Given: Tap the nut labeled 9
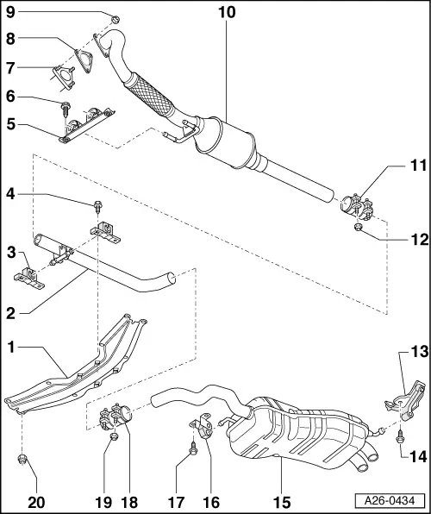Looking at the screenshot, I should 115,17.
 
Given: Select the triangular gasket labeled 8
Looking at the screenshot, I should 84,58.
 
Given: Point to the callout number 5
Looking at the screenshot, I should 10,122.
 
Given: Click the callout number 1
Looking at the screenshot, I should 10,348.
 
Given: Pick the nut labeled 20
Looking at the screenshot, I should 24,458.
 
